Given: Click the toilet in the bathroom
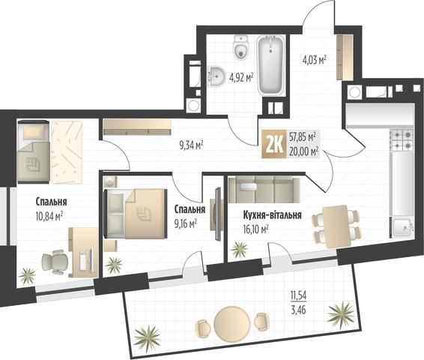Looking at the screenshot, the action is pos(241,48).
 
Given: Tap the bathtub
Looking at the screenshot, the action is pos(270,65).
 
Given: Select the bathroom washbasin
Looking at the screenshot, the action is pos(216,76).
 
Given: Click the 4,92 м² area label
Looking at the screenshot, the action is pos(241,77).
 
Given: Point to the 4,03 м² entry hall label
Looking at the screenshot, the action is pos(314,59).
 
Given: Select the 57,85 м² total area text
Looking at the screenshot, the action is pos(303,137).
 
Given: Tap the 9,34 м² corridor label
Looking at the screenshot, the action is pos(191,146).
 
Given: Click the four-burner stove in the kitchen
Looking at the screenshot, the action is pos(402,140).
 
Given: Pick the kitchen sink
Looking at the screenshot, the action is pos(402,228).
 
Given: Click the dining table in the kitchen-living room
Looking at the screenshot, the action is pos(336,226).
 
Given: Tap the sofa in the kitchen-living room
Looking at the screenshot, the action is pos(264,190).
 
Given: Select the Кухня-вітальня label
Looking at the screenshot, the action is pos(272,215).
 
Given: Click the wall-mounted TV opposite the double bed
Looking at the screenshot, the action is pos(218,214).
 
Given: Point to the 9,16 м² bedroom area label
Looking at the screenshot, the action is pos(186,223).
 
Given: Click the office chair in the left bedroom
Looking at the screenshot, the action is pos(55,262).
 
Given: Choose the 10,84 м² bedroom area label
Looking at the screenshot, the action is pos(49,216).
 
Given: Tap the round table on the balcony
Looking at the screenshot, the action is pos(230,322).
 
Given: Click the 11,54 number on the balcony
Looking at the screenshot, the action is pos(298,295).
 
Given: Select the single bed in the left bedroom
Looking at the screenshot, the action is pos(34,151).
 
